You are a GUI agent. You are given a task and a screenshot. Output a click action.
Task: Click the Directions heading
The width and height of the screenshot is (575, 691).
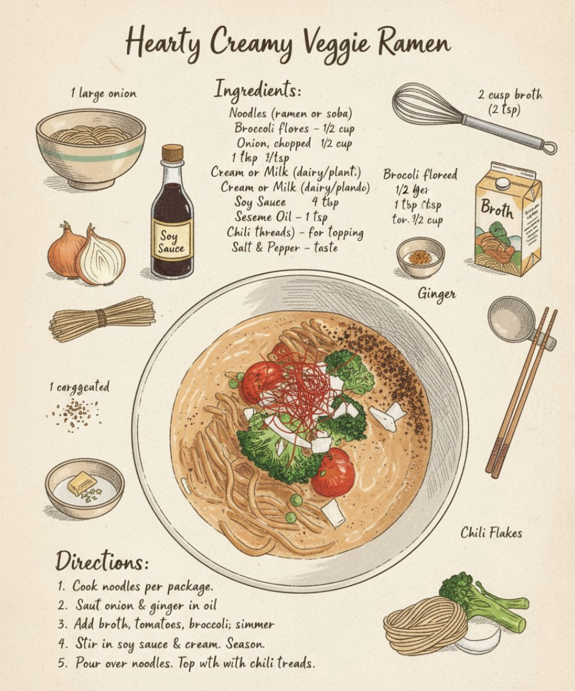[102, 561]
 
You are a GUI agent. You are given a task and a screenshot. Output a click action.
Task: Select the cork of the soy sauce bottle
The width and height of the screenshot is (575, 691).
[172, 153]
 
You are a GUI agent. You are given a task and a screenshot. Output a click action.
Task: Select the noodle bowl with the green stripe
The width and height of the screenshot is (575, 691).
[90, 148]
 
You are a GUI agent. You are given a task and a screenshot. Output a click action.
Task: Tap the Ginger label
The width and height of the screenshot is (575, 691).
[437, 293]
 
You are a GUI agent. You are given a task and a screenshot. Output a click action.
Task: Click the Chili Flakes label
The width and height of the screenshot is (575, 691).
[491, 533]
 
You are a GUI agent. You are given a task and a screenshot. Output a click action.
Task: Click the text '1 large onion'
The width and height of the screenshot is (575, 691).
[103, 93]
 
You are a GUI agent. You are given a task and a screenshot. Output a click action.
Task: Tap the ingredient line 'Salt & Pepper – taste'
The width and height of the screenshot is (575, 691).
[284, 247]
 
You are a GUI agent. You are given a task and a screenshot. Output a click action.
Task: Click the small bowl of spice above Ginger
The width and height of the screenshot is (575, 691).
[420, 257]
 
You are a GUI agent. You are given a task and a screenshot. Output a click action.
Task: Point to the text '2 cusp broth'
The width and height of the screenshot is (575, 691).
[511, 95]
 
